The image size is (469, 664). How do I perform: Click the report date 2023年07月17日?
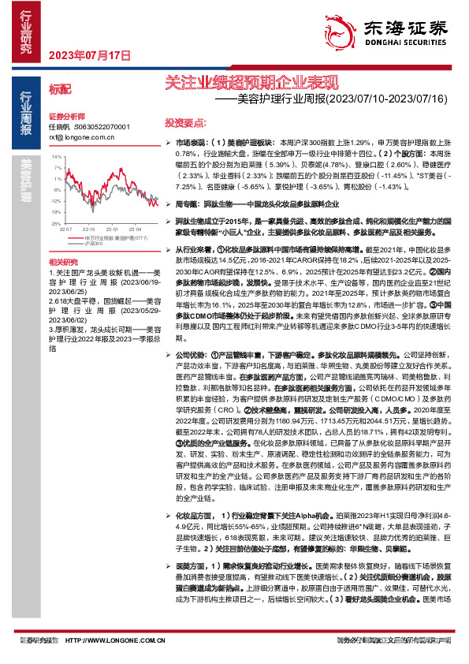pyautogui.click(x=89, y=55)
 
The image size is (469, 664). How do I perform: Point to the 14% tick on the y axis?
pyautogui.click(x=58, y=156)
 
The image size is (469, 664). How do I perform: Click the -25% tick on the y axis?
pyautogui.click(x=57, y=223)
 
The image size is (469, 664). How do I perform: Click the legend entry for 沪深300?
pyautogui.click(x=94, y=243)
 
